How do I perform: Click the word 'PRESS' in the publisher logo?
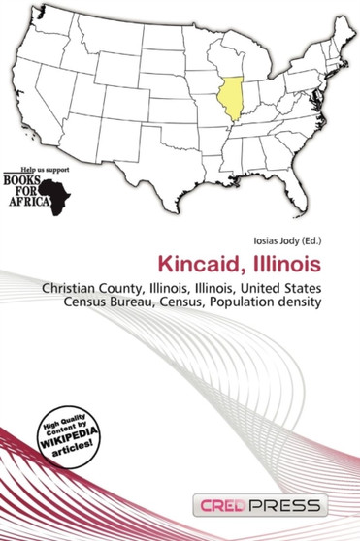click(x=289, y=507)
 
